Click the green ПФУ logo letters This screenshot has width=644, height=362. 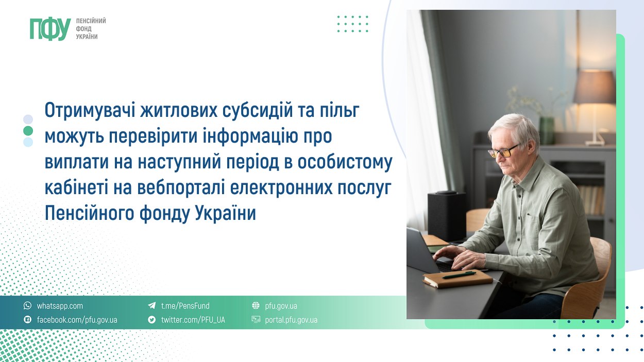50,29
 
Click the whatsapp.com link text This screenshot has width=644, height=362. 60,306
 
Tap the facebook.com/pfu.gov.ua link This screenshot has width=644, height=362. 77,320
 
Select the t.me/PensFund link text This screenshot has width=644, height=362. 185,306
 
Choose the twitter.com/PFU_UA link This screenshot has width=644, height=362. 193,320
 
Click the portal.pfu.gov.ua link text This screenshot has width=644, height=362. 291,320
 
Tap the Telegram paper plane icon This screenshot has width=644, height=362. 152,306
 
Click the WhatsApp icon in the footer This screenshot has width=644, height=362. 28,306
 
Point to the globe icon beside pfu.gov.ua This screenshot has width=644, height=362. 256,306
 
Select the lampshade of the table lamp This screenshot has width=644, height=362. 595,87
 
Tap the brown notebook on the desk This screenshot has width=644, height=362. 457,279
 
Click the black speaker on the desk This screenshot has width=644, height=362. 447,216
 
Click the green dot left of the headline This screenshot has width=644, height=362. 28,131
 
